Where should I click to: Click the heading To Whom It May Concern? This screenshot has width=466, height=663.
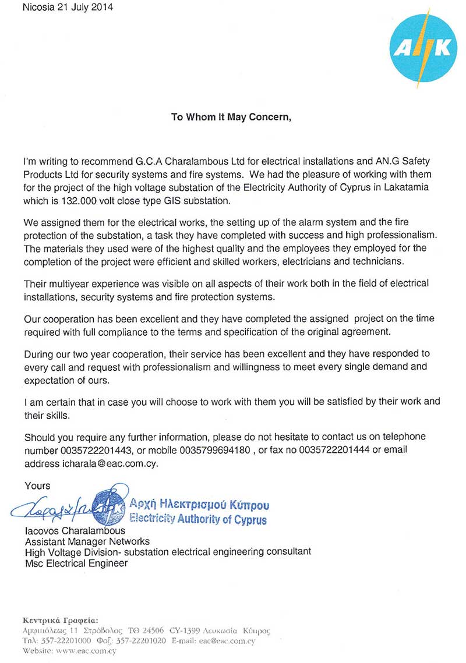tap(231, 116)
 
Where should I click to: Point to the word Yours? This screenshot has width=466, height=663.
tap(37, 485)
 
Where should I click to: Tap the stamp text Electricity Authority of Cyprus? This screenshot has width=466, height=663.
tap(198, 519)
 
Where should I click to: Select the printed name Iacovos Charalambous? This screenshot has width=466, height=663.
tap(75, 531)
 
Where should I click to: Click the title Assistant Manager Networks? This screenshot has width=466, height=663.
tap(79, 541)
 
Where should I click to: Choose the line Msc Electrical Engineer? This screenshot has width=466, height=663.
tap(76, 563)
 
